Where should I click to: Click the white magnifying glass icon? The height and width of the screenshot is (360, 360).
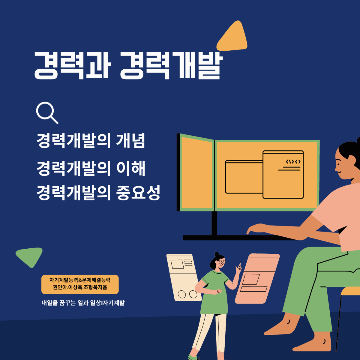[x=46, y=112]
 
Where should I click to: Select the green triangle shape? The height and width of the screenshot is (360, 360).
[x=30, y=256]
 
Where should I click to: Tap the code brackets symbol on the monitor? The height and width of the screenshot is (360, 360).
[x=293, y=162]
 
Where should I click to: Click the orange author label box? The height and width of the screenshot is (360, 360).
[x=80, y=284]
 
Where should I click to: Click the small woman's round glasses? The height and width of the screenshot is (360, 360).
[x=222, y=263]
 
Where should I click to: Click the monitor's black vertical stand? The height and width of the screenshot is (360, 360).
[x=214, y=223]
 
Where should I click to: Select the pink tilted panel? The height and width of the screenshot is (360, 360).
[x=257, y=278]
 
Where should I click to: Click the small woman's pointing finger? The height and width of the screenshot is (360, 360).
[x=240, y=265]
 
